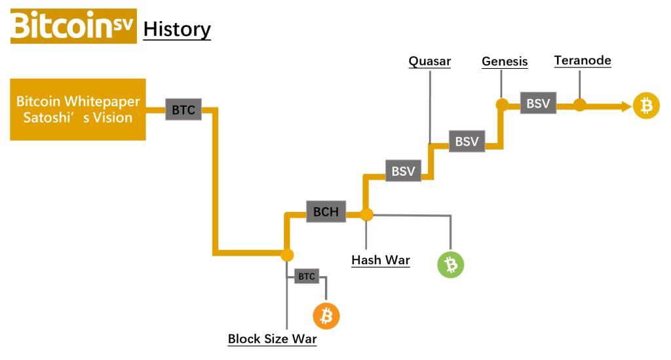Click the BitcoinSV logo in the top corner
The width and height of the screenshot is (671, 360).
[x=73, y=26]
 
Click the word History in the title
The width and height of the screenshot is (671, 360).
[x=177, y=29]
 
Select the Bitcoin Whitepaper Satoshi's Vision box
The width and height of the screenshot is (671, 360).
[x=78, y=110]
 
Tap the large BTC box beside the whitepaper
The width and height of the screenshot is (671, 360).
[x=183, y=110]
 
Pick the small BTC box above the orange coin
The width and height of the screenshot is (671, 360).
[x=307, y=276]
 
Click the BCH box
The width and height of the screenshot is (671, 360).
[x=326, y=212]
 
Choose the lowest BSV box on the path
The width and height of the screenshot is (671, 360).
[x=403, y=171]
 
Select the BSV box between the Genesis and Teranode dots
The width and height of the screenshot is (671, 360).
[x=538, y=104]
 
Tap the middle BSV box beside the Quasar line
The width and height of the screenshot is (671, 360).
[x=467, y=141]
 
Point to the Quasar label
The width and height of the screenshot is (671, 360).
[x=430, y=62]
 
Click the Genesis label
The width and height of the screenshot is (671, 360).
[x=505, y=62]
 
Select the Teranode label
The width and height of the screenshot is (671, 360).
[x=583, y=61]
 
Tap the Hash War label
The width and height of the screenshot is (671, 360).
[x=381, y=260]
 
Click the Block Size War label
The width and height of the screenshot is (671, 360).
[x=272, y=339]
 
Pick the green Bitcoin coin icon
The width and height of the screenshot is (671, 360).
[x=450, y=264]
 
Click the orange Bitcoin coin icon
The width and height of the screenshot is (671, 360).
[x=326, y=317]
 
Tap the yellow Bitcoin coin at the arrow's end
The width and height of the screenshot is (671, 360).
[x=646, y=105]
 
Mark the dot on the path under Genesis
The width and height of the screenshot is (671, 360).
[x=503, y=104]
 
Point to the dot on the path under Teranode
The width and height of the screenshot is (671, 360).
[x=580, y=104]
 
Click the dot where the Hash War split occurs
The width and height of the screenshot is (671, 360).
[x=366, y=214]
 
